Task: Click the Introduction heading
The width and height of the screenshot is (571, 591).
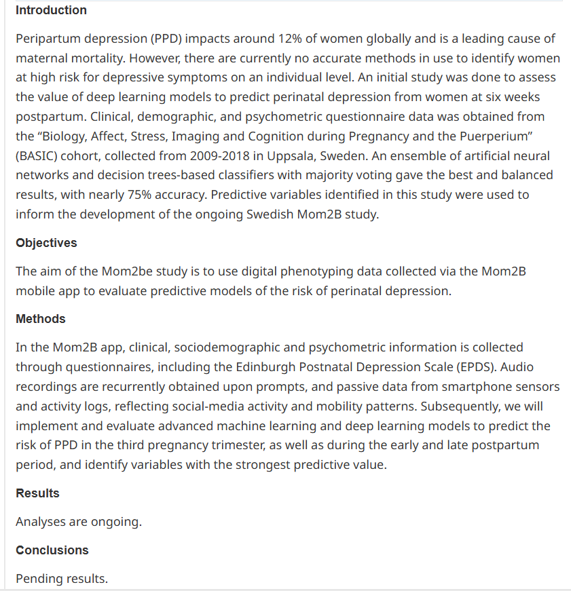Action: tap(51, 10)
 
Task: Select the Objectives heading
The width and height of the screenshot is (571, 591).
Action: tap(46, 243)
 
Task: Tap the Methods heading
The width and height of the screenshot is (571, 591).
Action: tap(41, 319)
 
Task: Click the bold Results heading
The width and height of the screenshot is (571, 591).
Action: tap(37, 493)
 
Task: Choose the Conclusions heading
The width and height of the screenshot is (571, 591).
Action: tap(52, 550)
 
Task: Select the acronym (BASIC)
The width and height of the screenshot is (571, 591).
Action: tap(35, 155)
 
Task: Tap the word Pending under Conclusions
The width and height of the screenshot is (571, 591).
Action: tap(39, 579)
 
